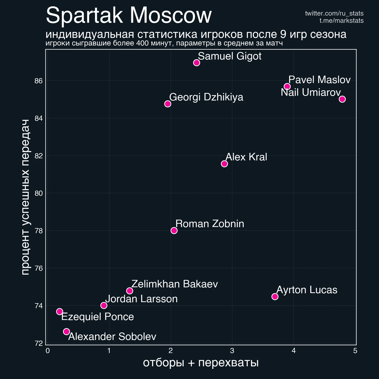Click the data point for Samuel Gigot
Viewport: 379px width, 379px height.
[x=197, y=63]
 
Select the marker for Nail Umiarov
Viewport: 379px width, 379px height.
[x=342, y=99]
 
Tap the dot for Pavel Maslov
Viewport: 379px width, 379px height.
[x=287, y=86]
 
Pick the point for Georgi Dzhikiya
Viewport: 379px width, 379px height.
[x=168, y=104]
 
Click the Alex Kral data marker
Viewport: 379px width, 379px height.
[x=224, y=164]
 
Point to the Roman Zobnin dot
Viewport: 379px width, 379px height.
[x=174, y=231]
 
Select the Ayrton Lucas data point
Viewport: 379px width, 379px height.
[x=275, y=296]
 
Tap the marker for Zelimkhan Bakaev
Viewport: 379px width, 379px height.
[x=130, y=291]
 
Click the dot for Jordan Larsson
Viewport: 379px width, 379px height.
[x=104, y=305]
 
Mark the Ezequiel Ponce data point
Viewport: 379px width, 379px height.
[x=59, y=311]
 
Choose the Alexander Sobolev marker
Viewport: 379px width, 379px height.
[x=66, y=331]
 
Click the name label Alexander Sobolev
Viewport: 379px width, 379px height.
[x=112, y=337]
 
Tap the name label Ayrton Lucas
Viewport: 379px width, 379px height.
[x=307, y=290]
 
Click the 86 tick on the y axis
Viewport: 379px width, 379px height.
[x=38, y=81]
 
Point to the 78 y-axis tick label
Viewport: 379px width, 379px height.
[x=38, y=231]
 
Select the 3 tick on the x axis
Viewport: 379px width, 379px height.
[x=232, y=351]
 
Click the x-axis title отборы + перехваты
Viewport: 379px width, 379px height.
[x=201, y=363]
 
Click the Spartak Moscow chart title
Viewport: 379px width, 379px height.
[x=129, y=16]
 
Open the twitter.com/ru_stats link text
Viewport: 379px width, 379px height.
[x=334, y=13]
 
